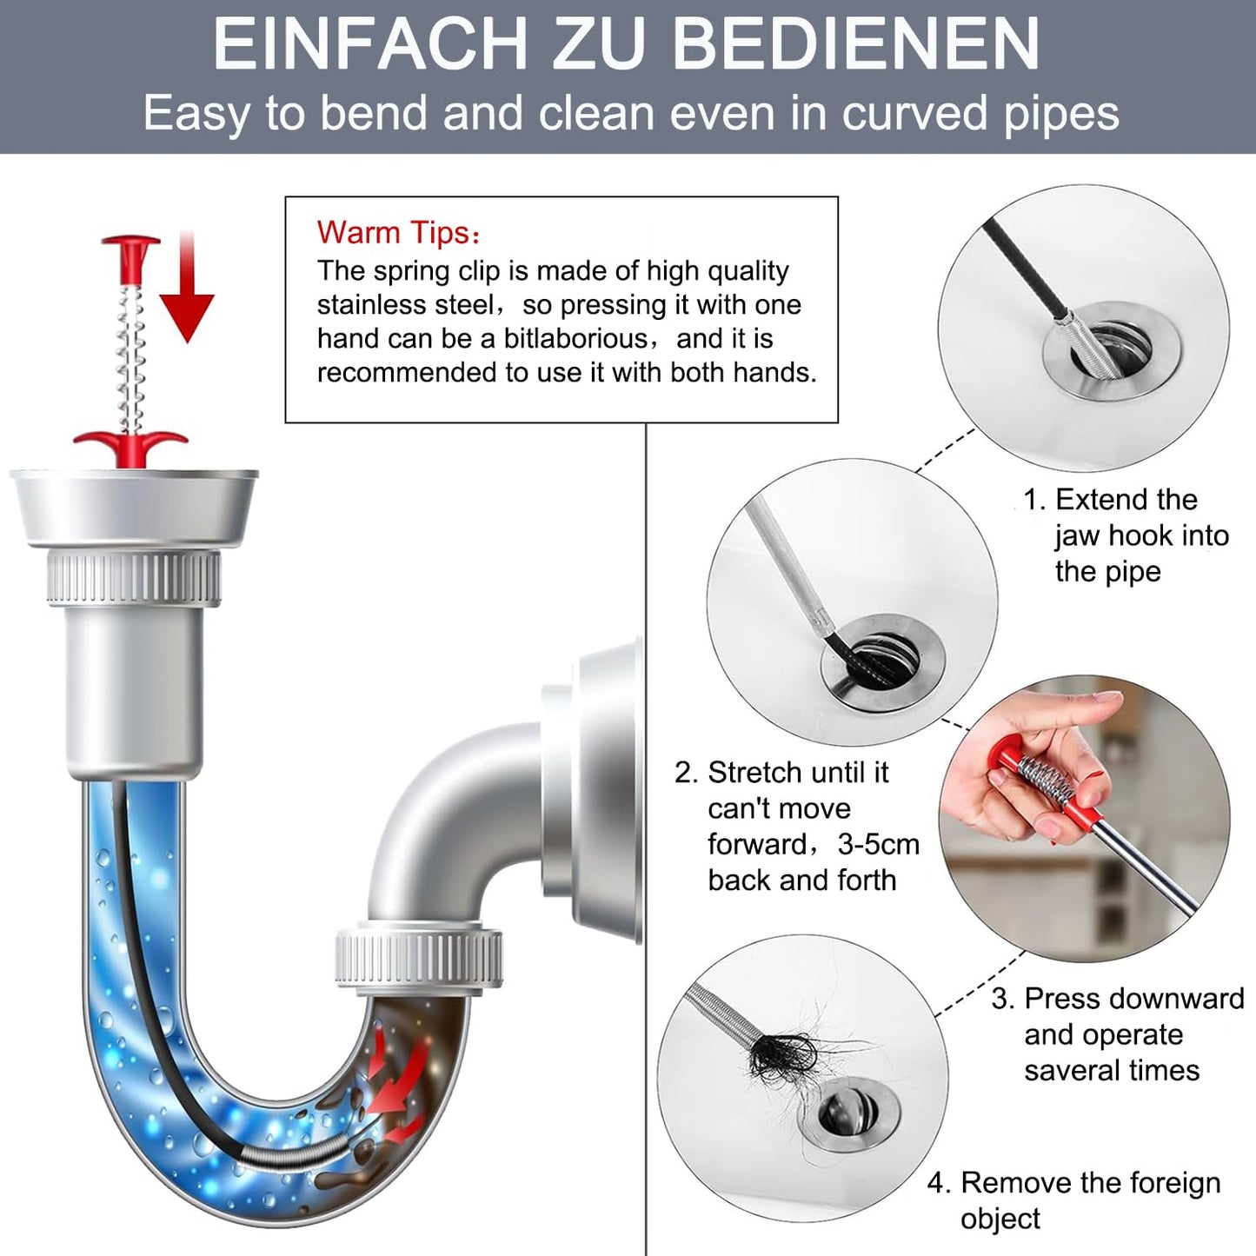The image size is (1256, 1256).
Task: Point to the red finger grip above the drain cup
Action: coord(131,447)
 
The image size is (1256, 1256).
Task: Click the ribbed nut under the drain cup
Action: coord(134,577)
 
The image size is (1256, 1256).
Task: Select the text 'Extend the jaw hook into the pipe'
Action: coord(1126,535)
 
